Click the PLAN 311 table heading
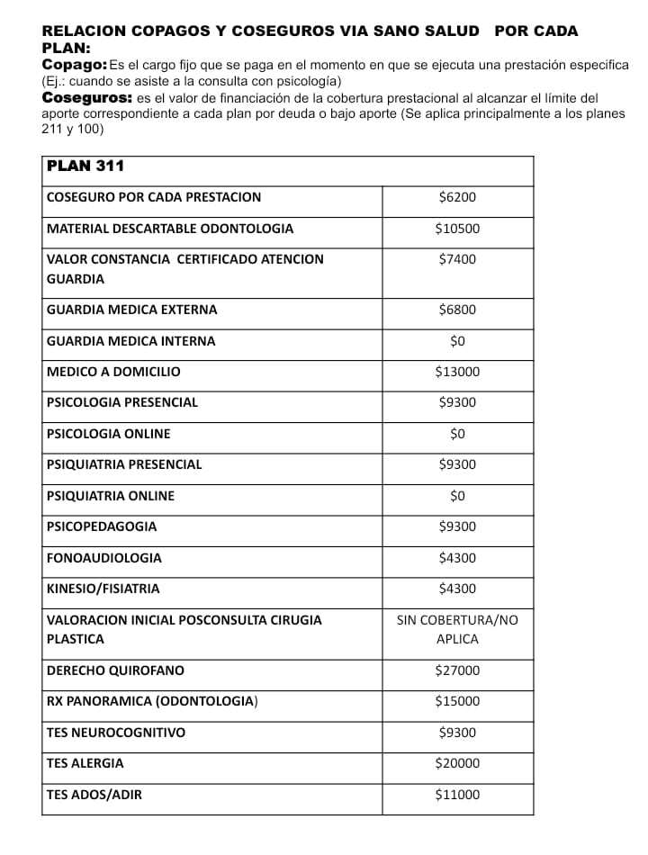(x=85, y=166)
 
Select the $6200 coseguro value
(x=457, y=198)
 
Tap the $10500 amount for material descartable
(x=457, y=229)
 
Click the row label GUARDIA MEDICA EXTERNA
(x=131, y=310)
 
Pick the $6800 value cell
(x=457, y=310)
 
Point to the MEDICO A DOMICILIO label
(x=113, y=372)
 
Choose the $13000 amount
(x=457, y=372)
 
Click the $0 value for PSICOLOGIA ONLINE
(x=457, y=434)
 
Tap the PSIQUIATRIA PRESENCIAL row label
(x=124, y=464)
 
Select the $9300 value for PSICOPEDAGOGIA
(x=457, y=526)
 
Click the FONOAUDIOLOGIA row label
(x=104, y=558)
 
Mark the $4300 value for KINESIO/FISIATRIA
(x=457, y=589)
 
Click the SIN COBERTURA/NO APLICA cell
(x=457, y=629)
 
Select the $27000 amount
(x=457, y=670)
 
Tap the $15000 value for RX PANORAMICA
(x=457, y=701)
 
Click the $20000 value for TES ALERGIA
(x=457, y=763)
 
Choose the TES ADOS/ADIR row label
(x=94, y=795)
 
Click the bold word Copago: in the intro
(x=75, y=66)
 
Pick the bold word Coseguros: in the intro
(x=87, y=97)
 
